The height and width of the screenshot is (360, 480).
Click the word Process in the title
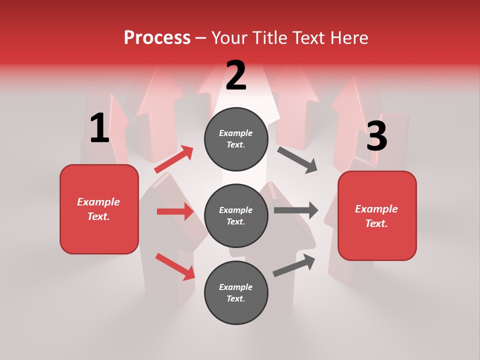click(157, 38)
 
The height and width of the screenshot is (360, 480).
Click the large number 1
click(99, 128)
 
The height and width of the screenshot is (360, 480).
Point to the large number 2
click(236, 76)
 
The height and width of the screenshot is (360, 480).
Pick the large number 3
click(376, 136)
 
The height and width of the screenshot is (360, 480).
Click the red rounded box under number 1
click(99, 209)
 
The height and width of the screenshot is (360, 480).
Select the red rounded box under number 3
click(377, 216)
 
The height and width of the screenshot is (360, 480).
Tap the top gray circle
click(236, 139)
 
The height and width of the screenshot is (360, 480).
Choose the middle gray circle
click(236, 215)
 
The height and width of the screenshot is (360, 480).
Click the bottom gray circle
click(236, 292)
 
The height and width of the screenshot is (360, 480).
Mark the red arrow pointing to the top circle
click(173, 159)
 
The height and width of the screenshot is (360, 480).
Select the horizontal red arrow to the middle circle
click(175, 211)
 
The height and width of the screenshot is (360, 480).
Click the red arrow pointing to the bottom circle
click(175, 266)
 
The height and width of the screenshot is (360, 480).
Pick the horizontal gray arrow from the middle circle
click(296, 210)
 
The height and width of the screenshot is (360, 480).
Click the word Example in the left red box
click(98, 202)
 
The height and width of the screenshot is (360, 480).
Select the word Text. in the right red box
click(376, 223)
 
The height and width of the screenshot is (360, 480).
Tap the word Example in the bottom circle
click(235, 287)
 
